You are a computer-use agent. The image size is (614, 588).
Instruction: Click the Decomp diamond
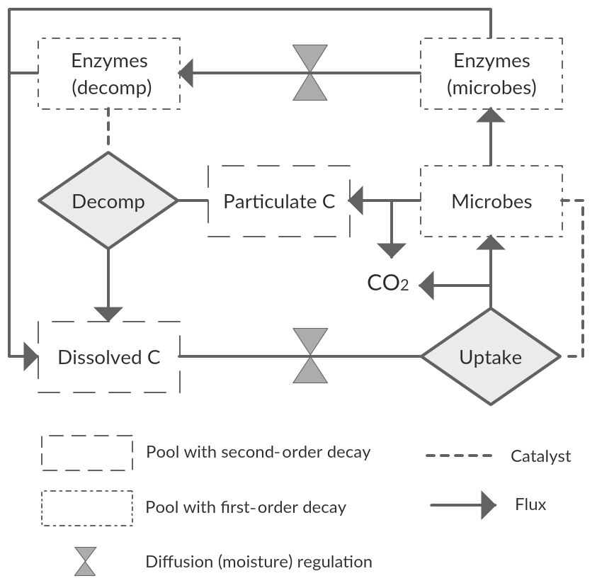pos(108,201)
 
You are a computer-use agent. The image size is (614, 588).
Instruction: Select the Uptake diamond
pos(491,357)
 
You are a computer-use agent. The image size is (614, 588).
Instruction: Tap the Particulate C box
pos(279,201)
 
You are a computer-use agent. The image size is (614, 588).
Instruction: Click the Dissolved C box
pos(109,357)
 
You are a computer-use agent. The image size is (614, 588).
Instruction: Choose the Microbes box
pos(491,201)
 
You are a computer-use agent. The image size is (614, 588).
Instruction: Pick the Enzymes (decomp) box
pos(108,74)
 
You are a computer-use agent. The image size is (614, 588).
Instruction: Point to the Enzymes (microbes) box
pos(491,74)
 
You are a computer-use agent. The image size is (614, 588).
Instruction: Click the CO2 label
pos(387,283)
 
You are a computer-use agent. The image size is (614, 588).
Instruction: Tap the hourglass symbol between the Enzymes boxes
pos(310,73)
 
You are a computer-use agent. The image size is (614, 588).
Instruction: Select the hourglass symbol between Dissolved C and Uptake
pos(310,356)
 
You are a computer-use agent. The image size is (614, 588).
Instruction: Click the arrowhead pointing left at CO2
pos(426,286)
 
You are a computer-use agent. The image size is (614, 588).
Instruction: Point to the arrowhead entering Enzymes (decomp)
pos(186,73)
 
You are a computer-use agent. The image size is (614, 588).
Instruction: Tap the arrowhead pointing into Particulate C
pos(356,201)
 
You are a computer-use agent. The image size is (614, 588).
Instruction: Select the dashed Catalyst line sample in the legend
pos(458,456)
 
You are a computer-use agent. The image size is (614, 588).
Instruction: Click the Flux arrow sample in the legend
pos(464,505)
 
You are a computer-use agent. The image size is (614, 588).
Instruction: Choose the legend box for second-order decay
pos(87,453)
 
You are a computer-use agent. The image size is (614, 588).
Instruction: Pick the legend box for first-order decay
pos(87,508)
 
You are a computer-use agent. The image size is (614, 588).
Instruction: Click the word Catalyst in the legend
pos(540,456)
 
